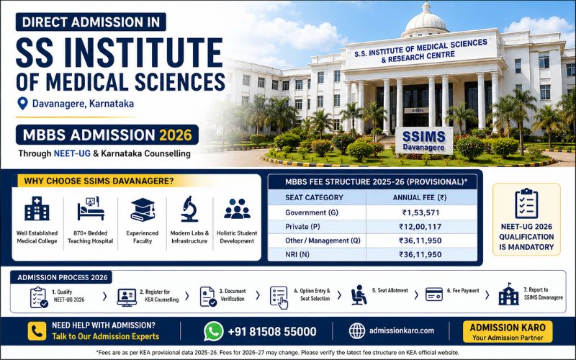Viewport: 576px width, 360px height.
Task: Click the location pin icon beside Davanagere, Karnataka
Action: pos(23,103)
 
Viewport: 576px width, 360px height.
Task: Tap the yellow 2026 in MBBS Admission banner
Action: pos(175,135)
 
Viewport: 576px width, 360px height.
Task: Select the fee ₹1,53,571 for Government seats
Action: pos(420,212)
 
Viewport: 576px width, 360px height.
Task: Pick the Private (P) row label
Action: pos(302,227)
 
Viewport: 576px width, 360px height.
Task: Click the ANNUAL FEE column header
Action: pos(420,197)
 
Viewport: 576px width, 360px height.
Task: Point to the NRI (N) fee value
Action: pos(420,255)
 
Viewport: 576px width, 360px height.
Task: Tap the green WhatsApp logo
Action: pos(213,331)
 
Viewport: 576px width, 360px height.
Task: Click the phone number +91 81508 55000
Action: pos(272,332)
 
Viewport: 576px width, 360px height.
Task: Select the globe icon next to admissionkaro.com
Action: pos(356,331)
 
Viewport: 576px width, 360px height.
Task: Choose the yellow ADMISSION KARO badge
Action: pos(508,332)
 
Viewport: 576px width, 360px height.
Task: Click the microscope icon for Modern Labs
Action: pos(189,209)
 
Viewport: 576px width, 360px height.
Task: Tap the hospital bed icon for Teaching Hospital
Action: pos(91,209)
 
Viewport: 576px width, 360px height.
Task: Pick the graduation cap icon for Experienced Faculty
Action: pos(143,210)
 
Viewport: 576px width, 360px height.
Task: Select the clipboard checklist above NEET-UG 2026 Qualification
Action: pos(526,204)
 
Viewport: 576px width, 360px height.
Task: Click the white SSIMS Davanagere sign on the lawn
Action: pos(424,140)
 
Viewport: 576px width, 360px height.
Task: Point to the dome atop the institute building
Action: pos(426,21)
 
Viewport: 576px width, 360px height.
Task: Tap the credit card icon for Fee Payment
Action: pos(434,294)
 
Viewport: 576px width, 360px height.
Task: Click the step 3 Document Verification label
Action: pos(233,295)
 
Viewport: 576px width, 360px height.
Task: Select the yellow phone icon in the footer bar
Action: pos(37,331)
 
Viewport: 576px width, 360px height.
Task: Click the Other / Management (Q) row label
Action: pos(323,240)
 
